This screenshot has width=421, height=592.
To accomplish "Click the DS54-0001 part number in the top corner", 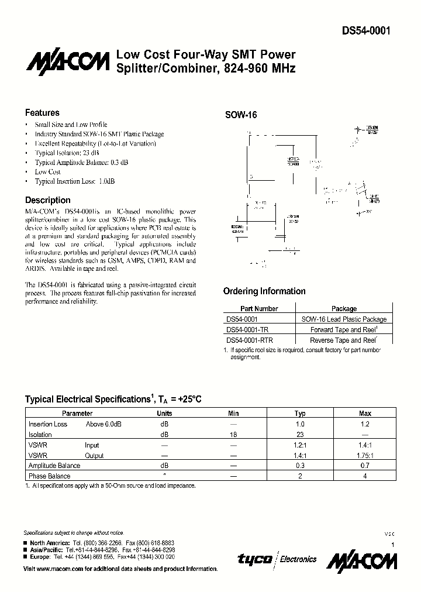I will coord(366,32).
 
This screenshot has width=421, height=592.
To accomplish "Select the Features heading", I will coord(42,113).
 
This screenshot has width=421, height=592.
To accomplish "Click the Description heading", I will coord(47,200).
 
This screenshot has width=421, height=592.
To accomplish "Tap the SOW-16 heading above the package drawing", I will coord(241,115).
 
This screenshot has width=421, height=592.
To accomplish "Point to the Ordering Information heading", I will coord(264,291).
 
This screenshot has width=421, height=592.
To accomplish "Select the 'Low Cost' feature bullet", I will coord(48,172).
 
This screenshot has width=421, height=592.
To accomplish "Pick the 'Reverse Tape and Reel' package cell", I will coord(343,340).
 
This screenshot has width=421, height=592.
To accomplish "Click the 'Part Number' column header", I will coord(259,308).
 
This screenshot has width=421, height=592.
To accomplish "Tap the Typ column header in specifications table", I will coord(300,413).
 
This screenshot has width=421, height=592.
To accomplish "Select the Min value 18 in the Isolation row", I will coord(233,435).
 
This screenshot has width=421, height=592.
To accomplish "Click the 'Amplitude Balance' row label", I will coord(54,466).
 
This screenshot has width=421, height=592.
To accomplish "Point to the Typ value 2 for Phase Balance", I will coord(300,476).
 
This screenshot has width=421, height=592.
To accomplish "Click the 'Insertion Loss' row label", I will coord(48,424).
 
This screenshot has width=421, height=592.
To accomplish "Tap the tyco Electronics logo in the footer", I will coord(277,559).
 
